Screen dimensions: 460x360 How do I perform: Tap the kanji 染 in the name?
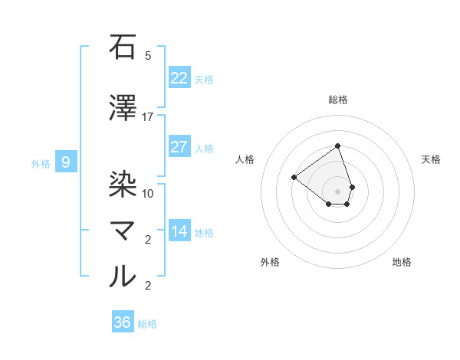pos(123,184)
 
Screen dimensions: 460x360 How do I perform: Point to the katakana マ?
pos(123,231)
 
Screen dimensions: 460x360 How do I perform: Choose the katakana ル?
pos(123,276)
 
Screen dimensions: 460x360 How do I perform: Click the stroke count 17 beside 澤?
pos(148,117)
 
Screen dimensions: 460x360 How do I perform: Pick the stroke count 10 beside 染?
pos(148,194)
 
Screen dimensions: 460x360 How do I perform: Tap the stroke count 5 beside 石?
pos(148,56)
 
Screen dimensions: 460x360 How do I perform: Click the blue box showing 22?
pos(179,78)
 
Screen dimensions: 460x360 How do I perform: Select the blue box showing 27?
pos(179,147)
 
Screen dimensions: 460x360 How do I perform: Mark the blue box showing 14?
pos(179,231)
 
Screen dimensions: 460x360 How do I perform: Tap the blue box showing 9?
pos(66,162)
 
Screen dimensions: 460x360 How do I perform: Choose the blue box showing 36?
pos(123,322)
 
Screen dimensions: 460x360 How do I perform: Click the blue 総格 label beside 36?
pos(147,324)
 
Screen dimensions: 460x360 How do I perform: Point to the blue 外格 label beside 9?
pos(41,163)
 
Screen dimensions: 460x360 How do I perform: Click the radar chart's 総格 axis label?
pos(338,100)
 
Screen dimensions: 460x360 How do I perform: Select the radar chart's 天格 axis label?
pos(431,159)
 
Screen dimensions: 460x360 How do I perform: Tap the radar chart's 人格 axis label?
pos(245,159)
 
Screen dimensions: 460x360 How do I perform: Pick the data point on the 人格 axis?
pos(294,177)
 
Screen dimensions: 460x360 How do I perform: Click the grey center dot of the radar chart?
pos(337,191)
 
